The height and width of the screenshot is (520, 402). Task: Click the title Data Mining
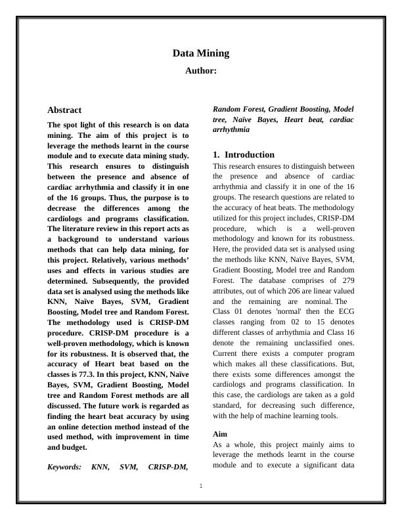tap(201, 53)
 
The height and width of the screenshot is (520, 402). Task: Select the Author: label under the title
tap(201, 70)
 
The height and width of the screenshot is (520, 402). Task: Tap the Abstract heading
tap(64, 110)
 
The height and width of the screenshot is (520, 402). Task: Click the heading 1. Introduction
tap(244, 154)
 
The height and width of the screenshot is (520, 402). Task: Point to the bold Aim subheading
tap(220, 434)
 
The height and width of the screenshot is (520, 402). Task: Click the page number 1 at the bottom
tap(201, 486)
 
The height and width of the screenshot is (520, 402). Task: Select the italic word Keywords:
tap(64, 467)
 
